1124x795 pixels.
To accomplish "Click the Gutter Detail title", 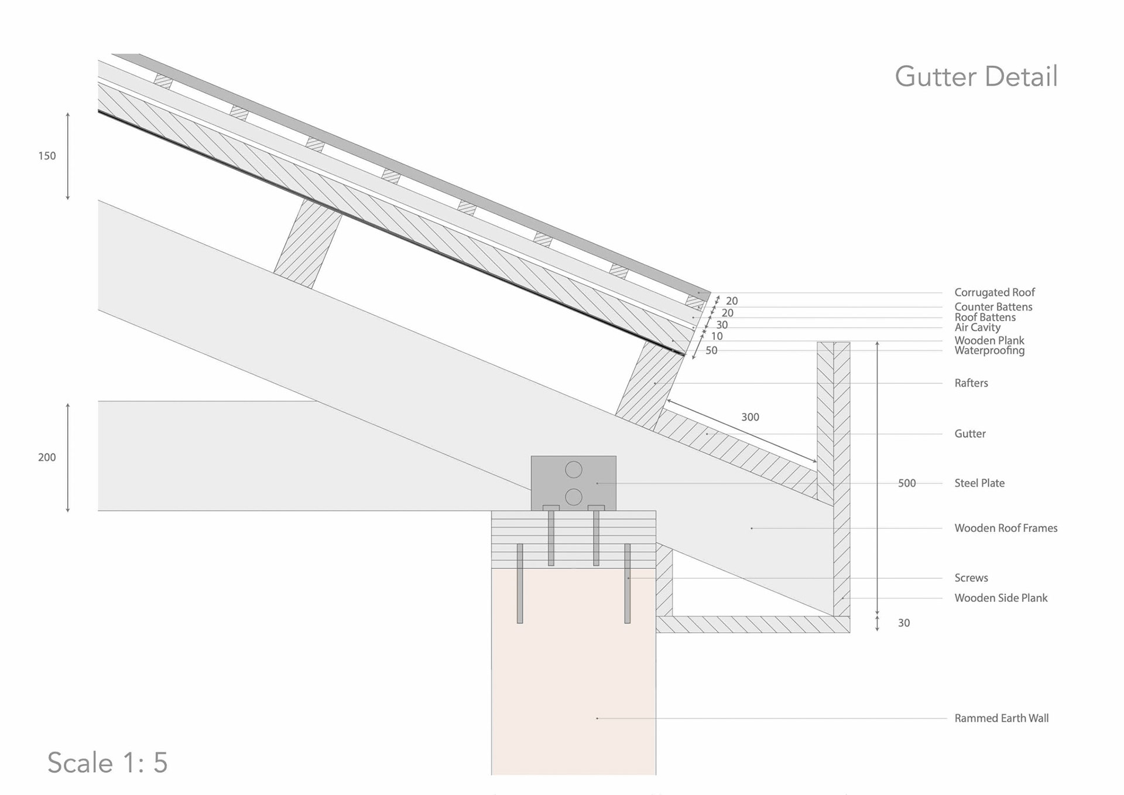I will pyautogui.click(x=976, y=77).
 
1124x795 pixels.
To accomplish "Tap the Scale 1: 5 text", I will pyautogui.click(x=108, y=762).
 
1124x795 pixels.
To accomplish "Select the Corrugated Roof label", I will pyautogui.click(x=994, y=292).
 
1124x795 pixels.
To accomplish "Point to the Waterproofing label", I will pyautogui.click(x=989, y=351).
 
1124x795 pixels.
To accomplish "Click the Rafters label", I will pyautogui.click(x=971, y=383).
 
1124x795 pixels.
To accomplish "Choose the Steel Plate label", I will pyautogui.click(x=979, y=483).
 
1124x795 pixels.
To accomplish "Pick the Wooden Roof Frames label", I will pyautogui.click(x=1005, y=528).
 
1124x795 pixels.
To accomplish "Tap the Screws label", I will pyautogui.click(x=971, y=578).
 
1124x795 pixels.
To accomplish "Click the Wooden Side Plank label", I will pyautogui.click(x=1000, y=598).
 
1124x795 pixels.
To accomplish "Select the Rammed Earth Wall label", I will pyautogui.click(x=1001, y=718).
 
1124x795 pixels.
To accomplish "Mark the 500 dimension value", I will pyautogui.click(x=906, y=483).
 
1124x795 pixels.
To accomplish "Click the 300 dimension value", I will pyautogui.click(x=750, y=417).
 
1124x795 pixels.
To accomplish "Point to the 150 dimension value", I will pyautogui.click(x=47, y=156).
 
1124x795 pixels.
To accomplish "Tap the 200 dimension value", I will pyautogui.click(x=47, y=458).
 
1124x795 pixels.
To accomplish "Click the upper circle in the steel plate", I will pyautogui.click(x=574, y=469).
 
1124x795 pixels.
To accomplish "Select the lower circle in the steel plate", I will pyautogui.click(x=574, y=497).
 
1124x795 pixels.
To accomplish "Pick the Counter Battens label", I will pyautogui.click(x=993, y=307).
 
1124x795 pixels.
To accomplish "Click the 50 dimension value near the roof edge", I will pyautogui.click(x=711, y=350).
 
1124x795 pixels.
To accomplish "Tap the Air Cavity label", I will pyautogui.click(x=977, y=327).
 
